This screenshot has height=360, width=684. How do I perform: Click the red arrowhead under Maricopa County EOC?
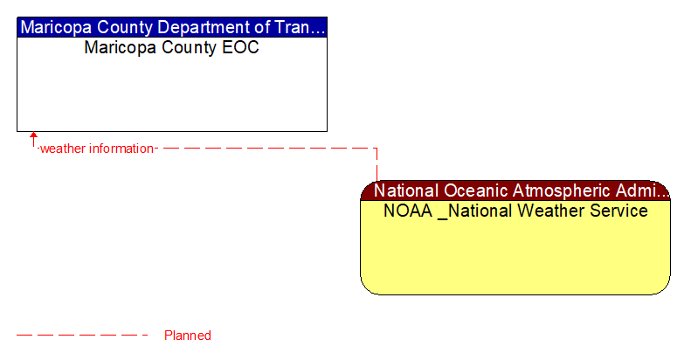tap(33, 136)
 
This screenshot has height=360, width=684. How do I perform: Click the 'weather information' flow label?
tap(97, 149)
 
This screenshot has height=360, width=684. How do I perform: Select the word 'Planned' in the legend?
tap(187, 335)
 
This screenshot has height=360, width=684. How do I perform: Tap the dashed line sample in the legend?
tap(83, 335)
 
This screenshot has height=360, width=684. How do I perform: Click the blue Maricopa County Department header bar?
tap(172, 27)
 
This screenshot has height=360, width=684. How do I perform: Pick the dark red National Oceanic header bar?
tap(515, 190)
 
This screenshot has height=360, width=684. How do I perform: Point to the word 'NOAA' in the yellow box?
tap(407, 211)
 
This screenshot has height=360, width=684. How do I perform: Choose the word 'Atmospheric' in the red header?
tap(563, 190)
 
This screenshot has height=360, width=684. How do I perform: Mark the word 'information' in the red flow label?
tap(121, 149)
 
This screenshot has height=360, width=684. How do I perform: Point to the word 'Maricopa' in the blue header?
tap(56, 27)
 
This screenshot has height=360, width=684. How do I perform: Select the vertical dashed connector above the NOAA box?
tap(377, 164)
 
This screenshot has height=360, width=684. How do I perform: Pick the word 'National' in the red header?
tap(407, 190)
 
